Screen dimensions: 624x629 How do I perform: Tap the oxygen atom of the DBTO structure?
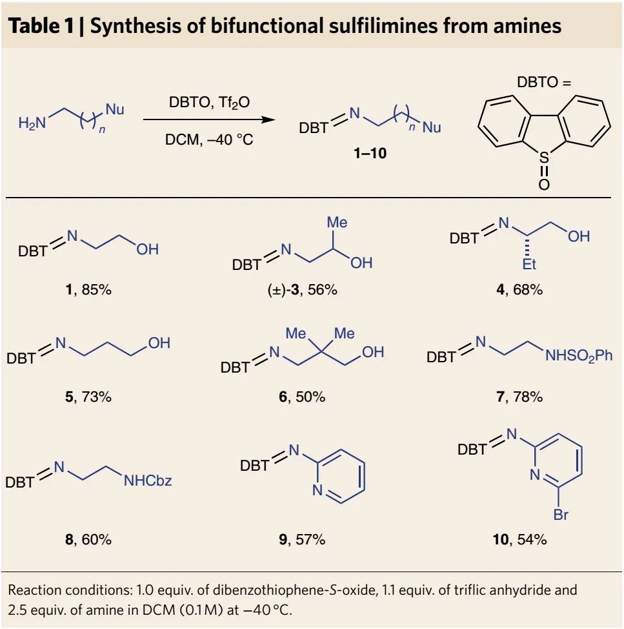coord(544,185)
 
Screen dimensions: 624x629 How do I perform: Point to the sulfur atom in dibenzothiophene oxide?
coord(544,156)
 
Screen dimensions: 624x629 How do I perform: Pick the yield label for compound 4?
coord(518,289)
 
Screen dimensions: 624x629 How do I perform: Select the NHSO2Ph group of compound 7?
coord(578,355)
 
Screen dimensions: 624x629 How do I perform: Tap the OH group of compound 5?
coord(159,343)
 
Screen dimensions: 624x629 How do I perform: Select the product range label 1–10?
coord(370,154)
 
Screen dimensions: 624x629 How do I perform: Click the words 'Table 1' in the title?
coord(39,26)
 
